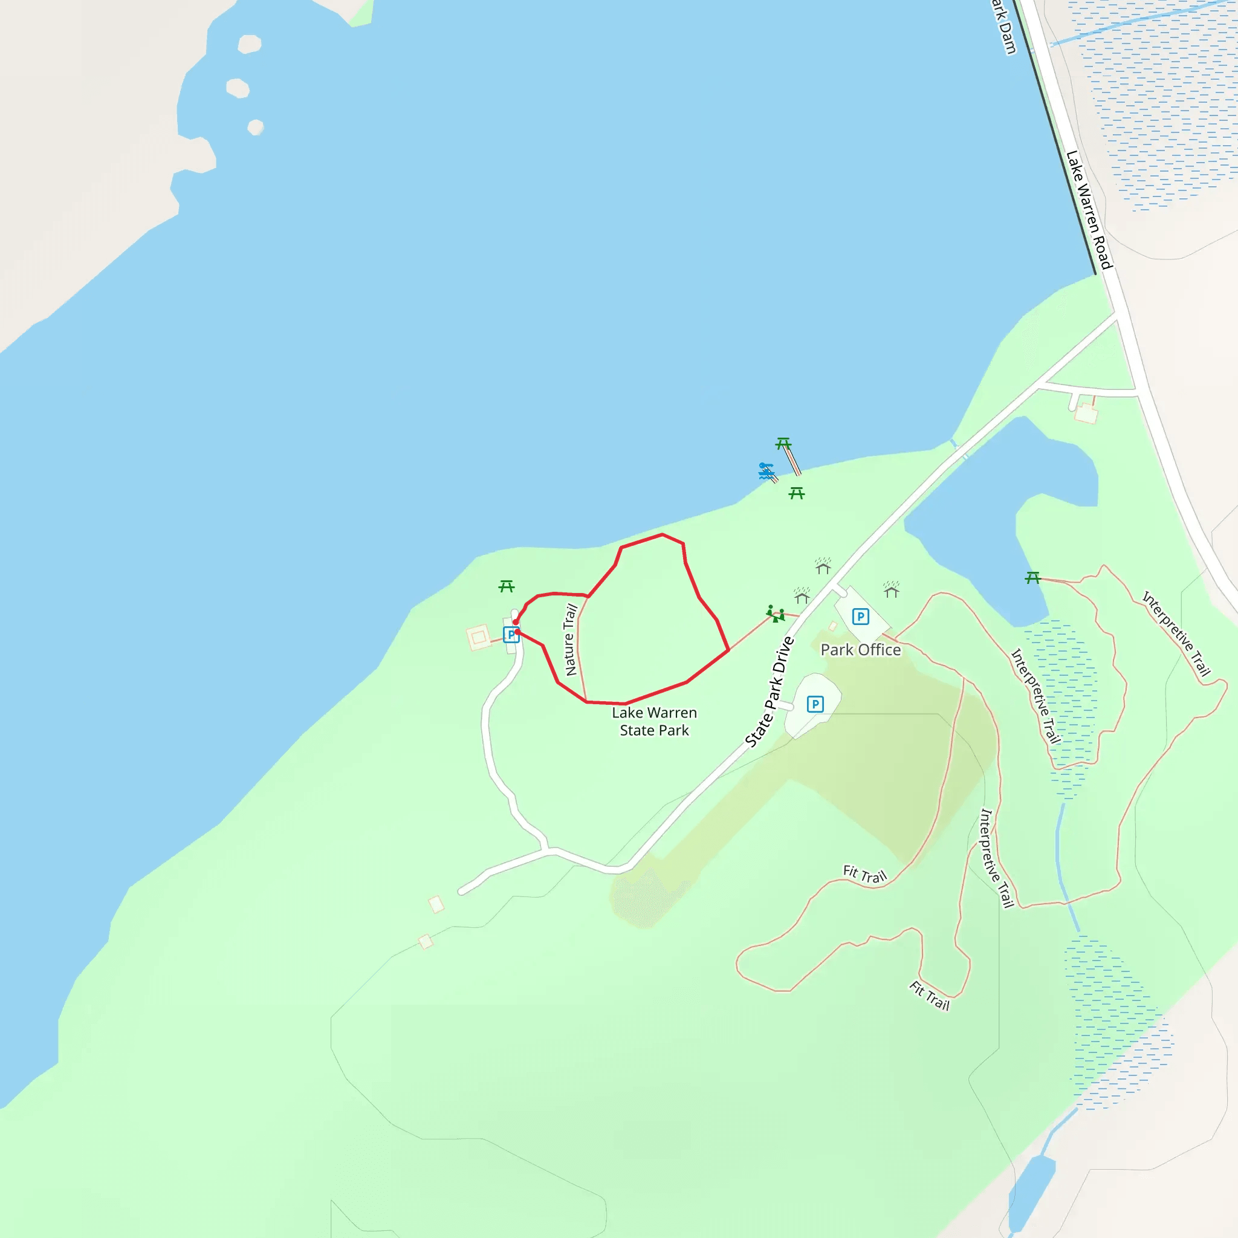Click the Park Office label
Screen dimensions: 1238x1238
pos(860,650)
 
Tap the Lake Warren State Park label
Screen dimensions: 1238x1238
pos(653,722)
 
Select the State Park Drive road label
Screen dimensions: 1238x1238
pos(770,692)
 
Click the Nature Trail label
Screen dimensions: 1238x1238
pos(569,640)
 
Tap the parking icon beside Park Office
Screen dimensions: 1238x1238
pos(860,617)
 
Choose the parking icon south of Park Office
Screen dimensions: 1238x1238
pos(814,704)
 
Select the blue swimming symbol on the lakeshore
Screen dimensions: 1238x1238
pos(766,471)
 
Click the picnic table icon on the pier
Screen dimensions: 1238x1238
pos(783,444)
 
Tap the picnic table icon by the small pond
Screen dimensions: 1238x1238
pos(1032,578)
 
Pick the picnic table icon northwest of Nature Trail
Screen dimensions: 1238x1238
pos(506,586)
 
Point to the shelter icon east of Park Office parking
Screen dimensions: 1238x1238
pos(892,589)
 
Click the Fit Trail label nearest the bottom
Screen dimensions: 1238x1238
pos(929,995)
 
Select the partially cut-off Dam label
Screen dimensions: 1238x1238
pos(1004,27)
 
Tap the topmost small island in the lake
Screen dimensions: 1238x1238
pos(249,44)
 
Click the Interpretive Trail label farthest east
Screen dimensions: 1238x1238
pos(1176,634)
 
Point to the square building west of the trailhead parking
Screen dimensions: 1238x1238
pos(478,638)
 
